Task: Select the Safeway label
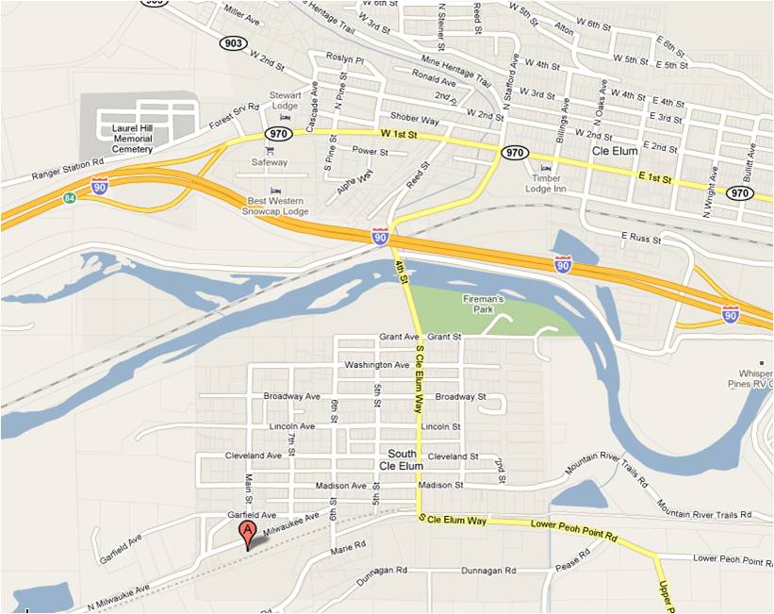point(269,162)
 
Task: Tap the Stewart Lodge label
point(285,100)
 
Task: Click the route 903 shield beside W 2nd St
point(233,43)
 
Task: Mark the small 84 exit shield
point(71,197)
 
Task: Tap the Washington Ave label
point(378,365)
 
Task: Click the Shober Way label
point(415,120)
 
